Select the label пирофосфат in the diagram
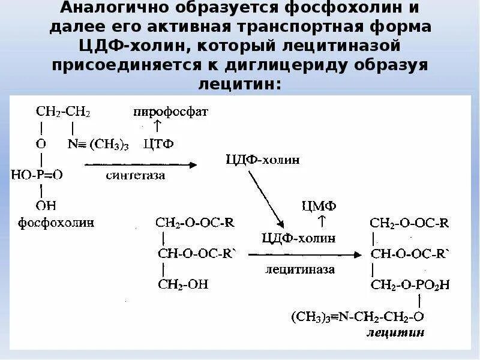(x=171, y=112)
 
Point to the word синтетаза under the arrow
(x=136, y=176)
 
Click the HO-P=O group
(x=37, y=175)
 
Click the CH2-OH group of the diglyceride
(x=183, y=284)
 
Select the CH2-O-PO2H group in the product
(x=410, y=284)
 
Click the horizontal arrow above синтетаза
(x=141, y=164)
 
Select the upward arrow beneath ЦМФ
(x=321, y=222)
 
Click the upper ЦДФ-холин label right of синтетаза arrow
(x=263, y=159)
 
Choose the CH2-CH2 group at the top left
(x=63, y=112)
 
